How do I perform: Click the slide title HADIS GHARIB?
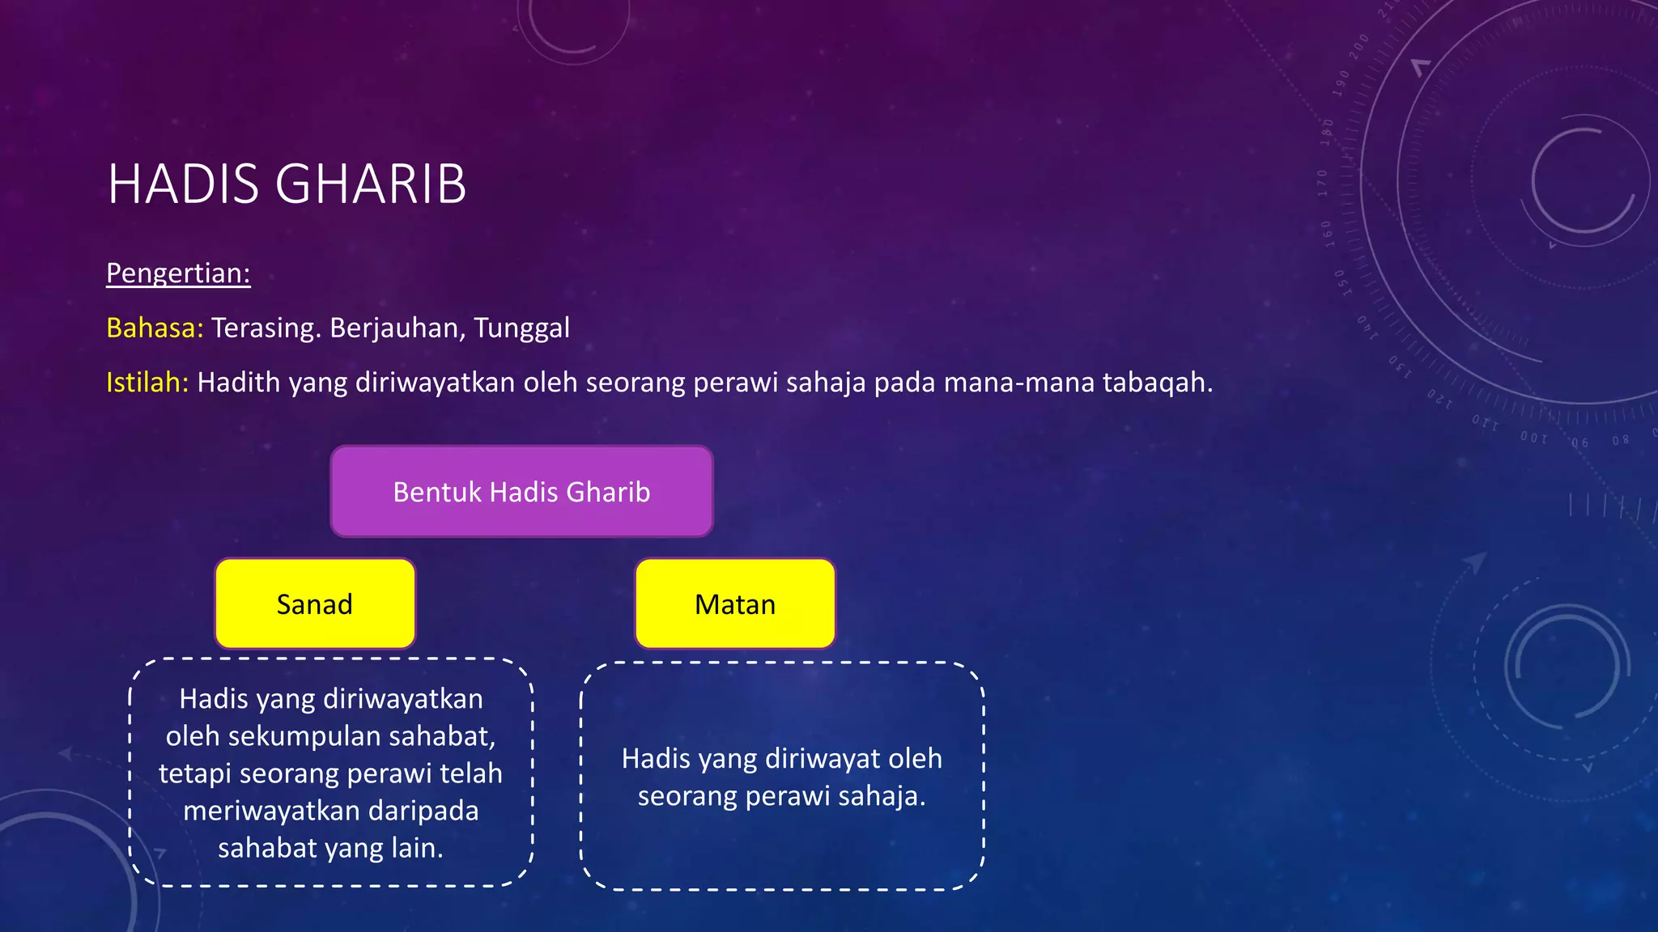click(287, 184)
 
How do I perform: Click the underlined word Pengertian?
click(178, 273)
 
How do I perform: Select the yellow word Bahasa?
click(155, 328)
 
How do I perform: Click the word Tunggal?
click(521, 328)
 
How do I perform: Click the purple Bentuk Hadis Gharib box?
click(521, 492)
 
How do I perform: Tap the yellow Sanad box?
click(315, 604)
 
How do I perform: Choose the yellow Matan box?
click(735, 604)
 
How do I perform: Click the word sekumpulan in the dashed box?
click(304, 736)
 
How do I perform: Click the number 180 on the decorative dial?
click(1328, 132)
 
